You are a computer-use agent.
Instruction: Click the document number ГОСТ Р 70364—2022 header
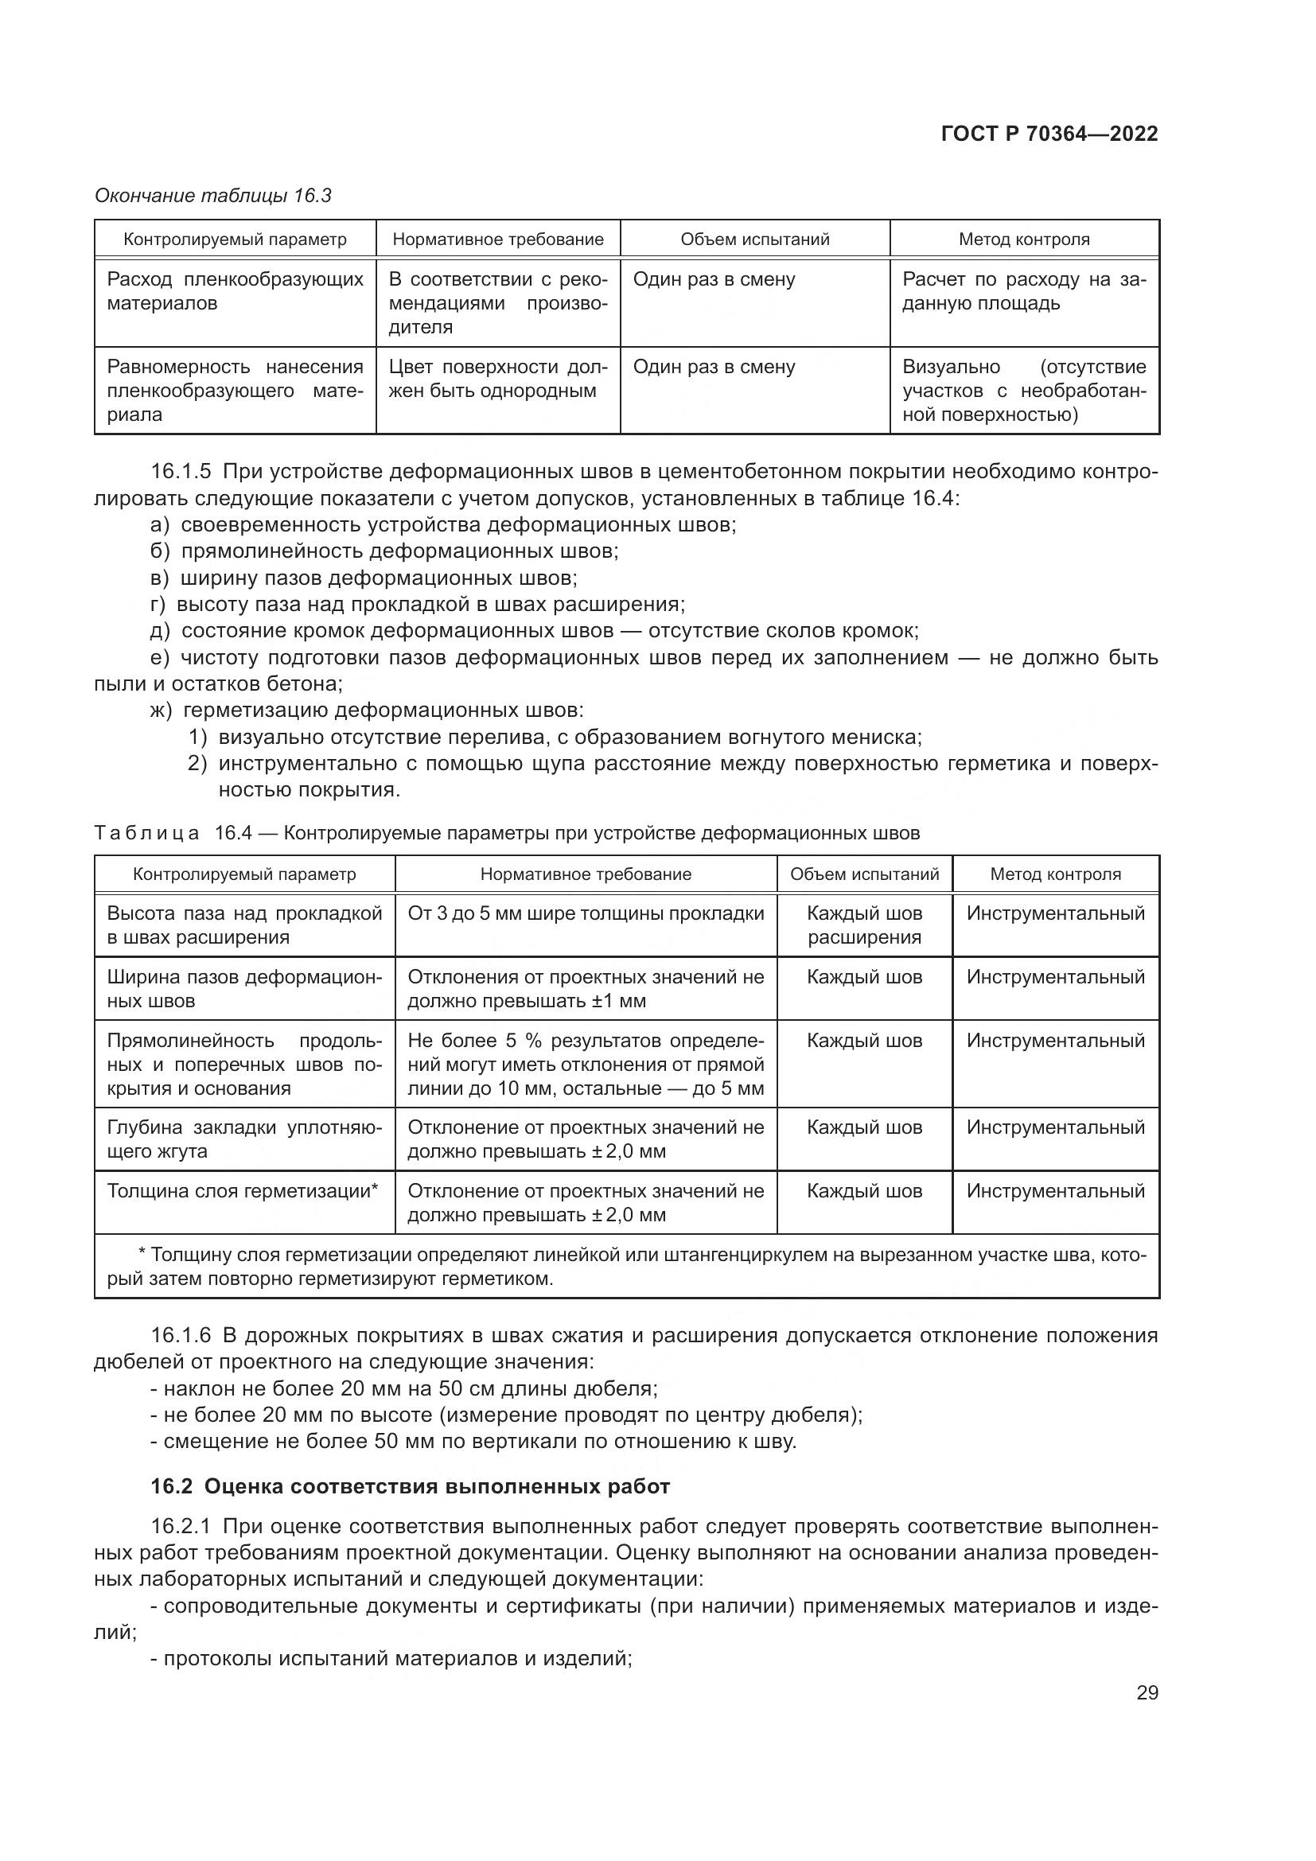(x=1049, y=134)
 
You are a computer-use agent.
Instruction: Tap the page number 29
(x=1147, y=1692)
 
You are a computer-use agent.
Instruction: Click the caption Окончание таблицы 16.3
(x=213, y=196)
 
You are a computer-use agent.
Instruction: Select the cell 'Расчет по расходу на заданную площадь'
(x=1023, y=292)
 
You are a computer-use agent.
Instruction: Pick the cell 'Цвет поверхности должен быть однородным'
(x=497, y=379)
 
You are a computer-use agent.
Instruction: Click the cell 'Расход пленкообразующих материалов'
(x=235, y=292)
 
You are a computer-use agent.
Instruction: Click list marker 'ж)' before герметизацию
(x=162, y=710)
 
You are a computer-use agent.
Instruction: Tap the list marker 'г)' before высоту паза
(x=158, y=604)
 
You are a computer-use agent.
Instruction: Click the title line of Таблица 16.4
(x=508, y=833)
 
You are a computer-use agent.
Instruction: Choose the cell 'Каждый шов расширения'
(x=864, y=925)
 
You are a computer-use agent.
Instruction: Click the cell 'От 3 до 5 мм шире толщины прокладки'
(x=585, y=913)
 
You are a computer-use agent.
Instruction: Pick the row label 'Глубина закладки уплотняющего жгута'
(x=244, y=1139)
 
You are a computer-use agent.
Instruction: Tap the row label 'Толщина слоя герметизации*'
(x=243, y=1191)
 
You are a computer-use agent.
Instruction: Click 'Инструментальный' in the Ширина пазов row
(x=1055, y=977)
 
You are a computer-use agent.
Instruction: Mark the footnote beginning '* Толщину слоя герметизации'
(x=625, y=1267)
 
